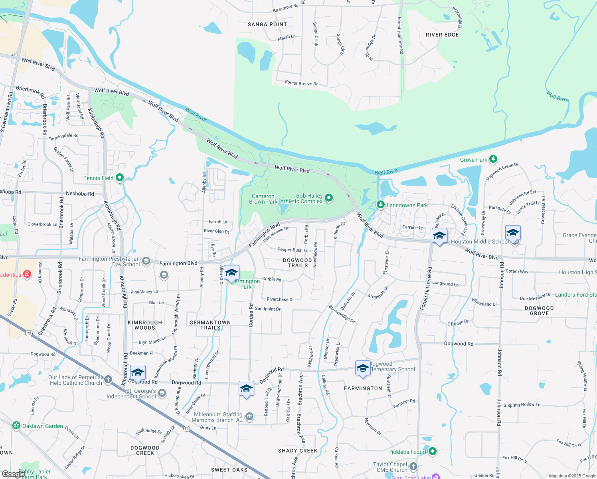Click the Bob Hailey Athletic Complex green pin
[x=329, y=198]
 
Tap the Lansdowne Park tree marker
[x=381, y=205]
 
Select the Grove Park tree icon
[x=493, y=159]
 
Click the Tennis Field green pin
[x=120, y=178]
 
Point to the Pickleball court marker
[x=433, y=451]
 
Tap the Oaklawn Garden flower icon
[x=16, y=426]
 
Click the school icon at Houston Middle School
[x=439, y=236]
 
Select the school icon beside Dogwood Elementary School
[x=363, y=368]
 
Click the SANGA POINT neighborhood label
[x=267, y=24]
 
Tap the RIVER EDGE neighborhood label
[x=442, y=35]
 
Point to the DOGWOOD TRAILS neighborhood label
[x=298, y=263]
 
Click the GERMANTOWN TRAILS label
[x=210, y=325]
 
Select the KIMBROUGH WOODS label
[x=145, y=325]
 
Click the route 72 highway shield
[x=29, y=333]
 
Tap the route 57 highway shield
[x=186, y=429]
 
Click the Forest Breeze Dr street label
[x=301, y=83]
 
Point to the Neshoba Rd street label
[x=80, y=194]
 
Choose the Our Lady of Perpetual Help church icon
[x=108, y=380]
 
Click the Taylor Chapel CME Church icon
[x=413, y=466]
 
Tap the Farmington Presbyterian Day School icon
[x=146, y=261]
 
